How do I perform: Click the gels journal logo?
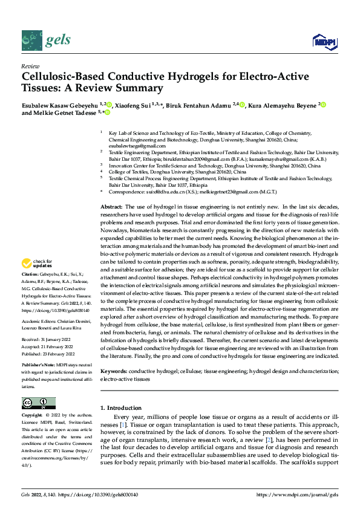coord(46,40)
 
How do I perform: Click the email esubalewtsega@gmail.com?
coord(128,146)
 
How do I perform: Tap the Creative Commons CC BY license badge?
coord(39,403)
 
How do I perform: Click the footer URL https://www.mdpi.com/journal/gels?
coord(298,494)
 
